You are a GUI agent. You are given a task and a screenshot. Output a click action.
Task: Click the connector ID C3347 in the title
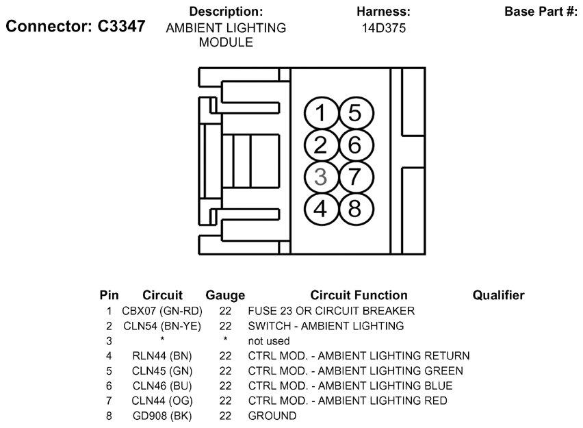click(122, 26)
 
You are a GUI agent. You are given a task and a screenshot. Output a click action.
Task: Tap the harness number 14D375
click(384, 28)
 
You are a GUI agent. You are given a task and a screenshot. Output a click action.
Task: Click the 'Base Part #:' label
click(541, 12)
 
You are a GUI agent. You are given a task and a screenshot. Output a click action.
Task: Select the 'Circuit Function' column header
click(359, 295)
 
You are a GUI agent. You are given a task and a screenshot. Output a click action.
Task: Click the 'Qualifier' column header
click(498, 295)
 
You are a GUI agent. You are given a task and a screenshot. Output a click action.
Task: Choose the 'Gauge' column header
click(225, 296)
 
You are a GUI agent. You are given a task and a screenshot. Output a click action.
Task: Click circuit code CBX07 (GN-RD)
click(162, 311)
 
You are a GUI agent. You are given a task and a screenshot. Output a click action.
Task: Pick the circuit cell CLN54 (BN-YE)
click(162, 326)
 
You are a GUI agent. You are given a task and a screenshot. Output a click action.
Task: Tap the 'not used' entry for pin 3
click(269, 341)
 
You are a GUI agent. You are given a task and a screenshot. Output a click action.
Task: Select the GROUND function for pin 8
click(272, 416)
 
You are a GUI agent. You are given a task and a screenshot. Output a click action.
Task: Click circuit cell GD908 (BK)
click(162, 416)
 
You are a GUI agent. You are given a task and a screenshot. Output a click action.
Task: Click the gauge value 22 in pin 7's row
click(225, 401)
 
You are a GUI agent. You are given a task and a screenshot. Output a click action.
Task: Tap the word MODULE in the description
click(226, 42)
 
